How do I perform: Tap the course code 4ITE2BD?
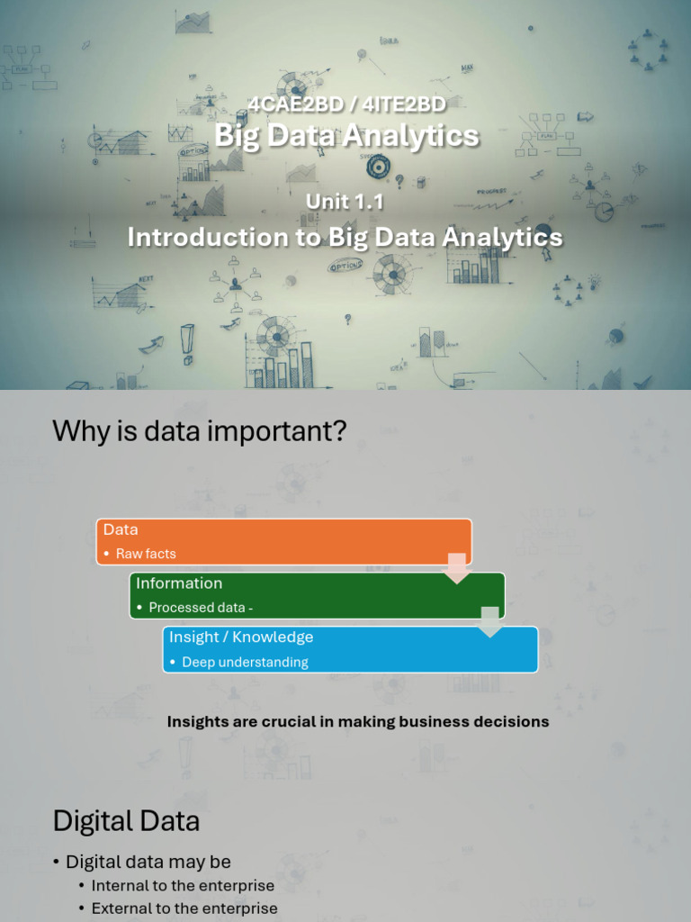tap(401, 104)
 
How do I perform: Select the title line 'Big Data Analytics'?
tap(346, 136)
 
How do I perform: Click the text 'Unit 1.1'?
tap(345, 202)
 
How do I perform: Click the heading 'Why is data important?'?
tap(199, 430)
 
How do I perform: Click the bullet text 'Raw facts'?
tap(146, 554)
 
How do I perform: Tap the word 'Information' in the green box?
tap(179, 583)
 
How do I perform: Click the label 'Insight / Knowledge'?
tap(241, 637)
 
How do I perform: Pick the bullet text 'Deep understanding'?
tap(245, 662)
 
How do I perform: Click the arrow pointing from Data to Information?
tap(457, 568)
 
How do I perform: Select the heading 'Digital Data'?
tap(126, 821)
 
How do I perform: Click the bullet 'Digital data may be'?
tap(148, 863)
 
